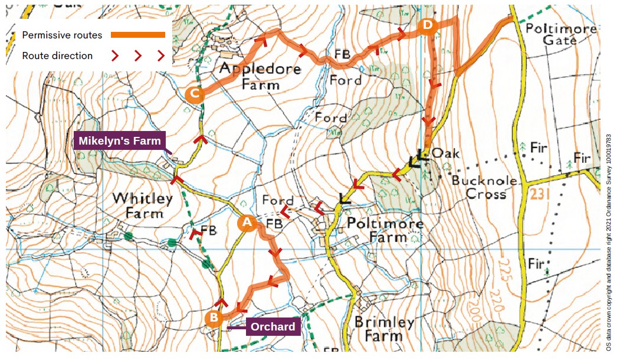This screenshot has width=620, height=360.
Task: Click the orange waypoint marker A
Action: tap(247, 222)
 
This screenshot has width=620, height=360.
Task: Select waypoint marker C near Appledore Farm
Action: tap(194, 94)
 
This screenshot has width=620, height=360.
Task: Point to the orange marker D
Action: tap(427, 25)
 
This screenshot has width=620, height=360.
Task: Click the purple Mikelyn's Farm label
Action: tap(120, 141)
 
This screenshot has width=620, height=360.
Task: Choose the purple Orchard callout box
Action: tap(272, 327)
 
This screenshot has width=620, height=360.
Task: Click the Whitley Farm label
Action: tap(143, 205)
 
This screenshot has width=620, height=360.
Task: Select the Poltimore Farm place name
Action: tap(384, 231)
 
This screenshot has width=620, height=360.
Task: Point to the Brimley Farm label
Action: tap(384, 329)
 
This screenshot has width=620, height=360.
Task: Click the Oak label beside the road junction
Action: tap(445, 153)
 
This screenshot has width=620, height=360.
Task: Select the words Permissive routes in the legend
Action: tap(62, 35)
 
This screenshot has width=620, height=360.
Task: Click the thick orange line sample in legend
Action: tap(138, 35)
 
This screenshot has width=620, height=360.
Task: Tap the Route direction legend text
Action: tap(57, 56)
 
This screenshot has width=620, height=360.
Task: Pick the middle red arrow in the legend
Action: tap(138, 56)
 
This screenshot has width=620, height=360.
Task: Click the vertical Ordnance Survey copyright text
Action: tap(609, 236)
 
